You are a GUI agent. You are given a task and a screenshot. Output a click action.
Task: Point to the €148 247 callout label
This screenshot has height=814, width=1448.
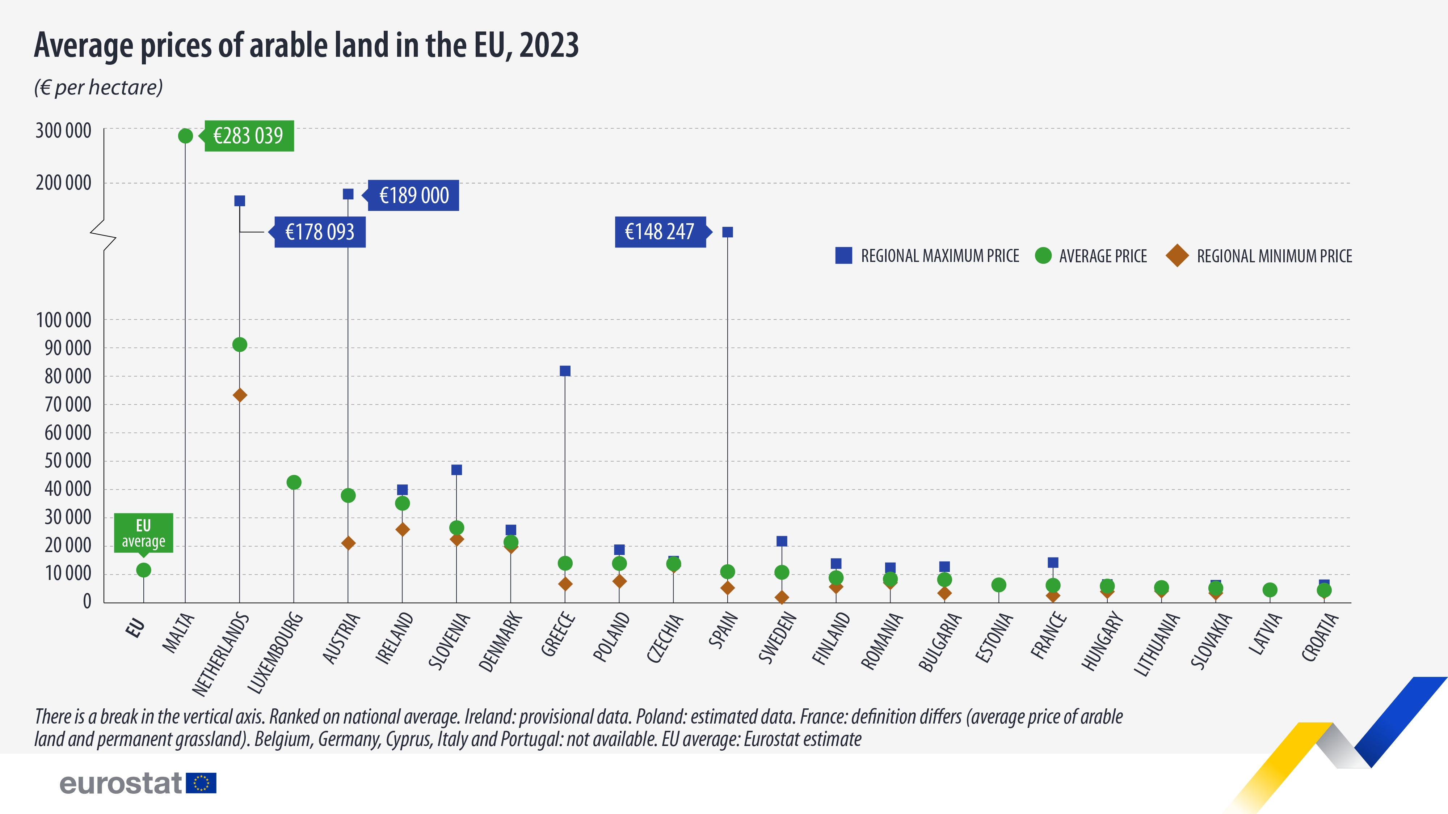660,232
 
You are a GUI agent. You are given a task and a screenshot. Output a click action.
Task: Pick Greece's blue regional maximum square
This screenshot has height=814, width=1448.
565,371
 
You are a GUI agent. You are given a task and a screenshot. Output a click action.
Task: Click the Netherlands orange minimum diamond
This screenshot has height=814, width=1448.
239,395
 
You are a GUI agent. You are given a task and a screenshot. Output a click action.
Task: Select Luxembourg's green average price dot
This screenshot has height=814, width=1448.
294,482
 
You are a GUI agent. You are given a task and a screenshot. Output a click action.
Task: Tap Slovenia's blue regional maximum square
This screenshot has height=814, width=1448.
456,470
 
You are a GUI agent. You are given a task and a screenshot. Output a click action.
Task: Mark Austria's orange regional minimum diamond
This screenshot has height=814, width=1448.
348,543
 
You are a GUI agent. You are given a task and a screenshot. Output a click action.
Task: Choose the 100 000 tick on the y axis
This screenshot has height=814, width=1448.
63,320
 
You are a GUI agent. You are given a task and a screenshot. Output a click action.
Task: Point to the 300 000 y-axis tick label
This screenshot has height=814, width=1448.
63,131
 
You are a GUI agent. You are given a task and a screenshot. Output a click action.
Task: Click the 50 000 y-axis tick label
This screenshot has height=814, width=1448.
68,461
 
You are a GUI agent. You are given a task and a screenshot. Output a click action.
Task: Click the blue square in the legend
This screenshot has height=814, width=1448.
843,256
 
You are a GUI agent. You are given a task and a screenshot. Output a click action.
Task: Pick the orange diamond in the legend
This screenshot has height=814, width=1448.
1176,256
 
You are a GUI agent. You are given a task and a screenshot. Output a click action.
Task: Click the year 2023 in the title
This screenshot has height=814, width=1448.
549,46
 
